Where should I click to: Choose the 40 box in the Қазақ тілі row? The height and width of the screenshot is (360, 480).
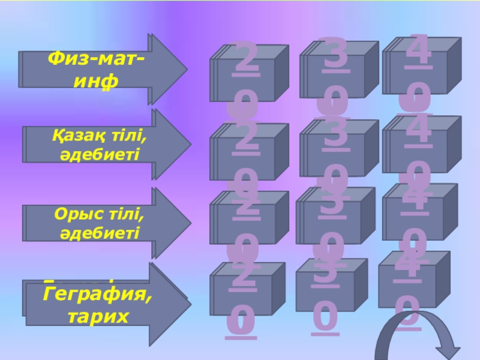(420, 148)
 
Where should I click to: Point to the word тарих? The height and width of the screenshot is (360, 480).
(97, 314)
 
